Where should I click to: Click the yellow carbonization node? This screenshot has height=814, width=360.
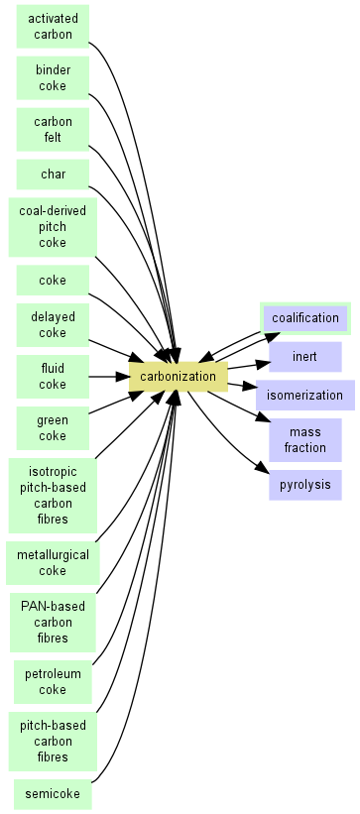178,377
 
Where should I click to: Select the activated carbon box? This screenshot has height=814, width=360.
53,27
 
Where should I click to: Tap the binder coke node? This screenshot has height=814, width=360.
53,78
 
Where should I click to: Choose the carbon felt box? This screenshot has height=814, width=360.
53,130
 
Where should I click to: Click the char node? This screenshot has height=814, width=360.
53,174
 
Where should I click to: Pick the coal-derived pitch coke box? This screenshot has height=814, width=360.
53,227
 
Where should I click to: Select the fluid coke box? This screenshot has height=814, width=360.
53,377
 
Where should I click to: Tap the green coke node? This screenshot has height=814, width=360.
53,428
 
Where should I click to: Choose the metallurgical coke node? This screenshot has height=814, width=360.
53,563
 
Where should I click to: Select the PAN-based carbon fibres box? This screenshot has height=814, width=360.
53,623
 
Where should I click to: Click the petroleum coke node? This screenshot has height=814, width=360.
53,682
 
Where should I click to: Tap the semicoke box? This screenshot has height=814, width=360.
53,794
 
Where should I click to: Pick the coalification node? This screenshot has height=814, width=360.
305,318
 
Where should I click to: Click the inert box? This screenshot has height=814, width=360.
305,357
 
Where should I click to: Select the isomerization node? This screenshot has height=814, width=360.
305,395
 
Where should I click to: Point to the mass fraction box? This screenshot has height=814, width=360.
305,440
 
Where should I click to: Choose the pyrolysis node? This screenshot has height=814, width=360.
305,485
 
